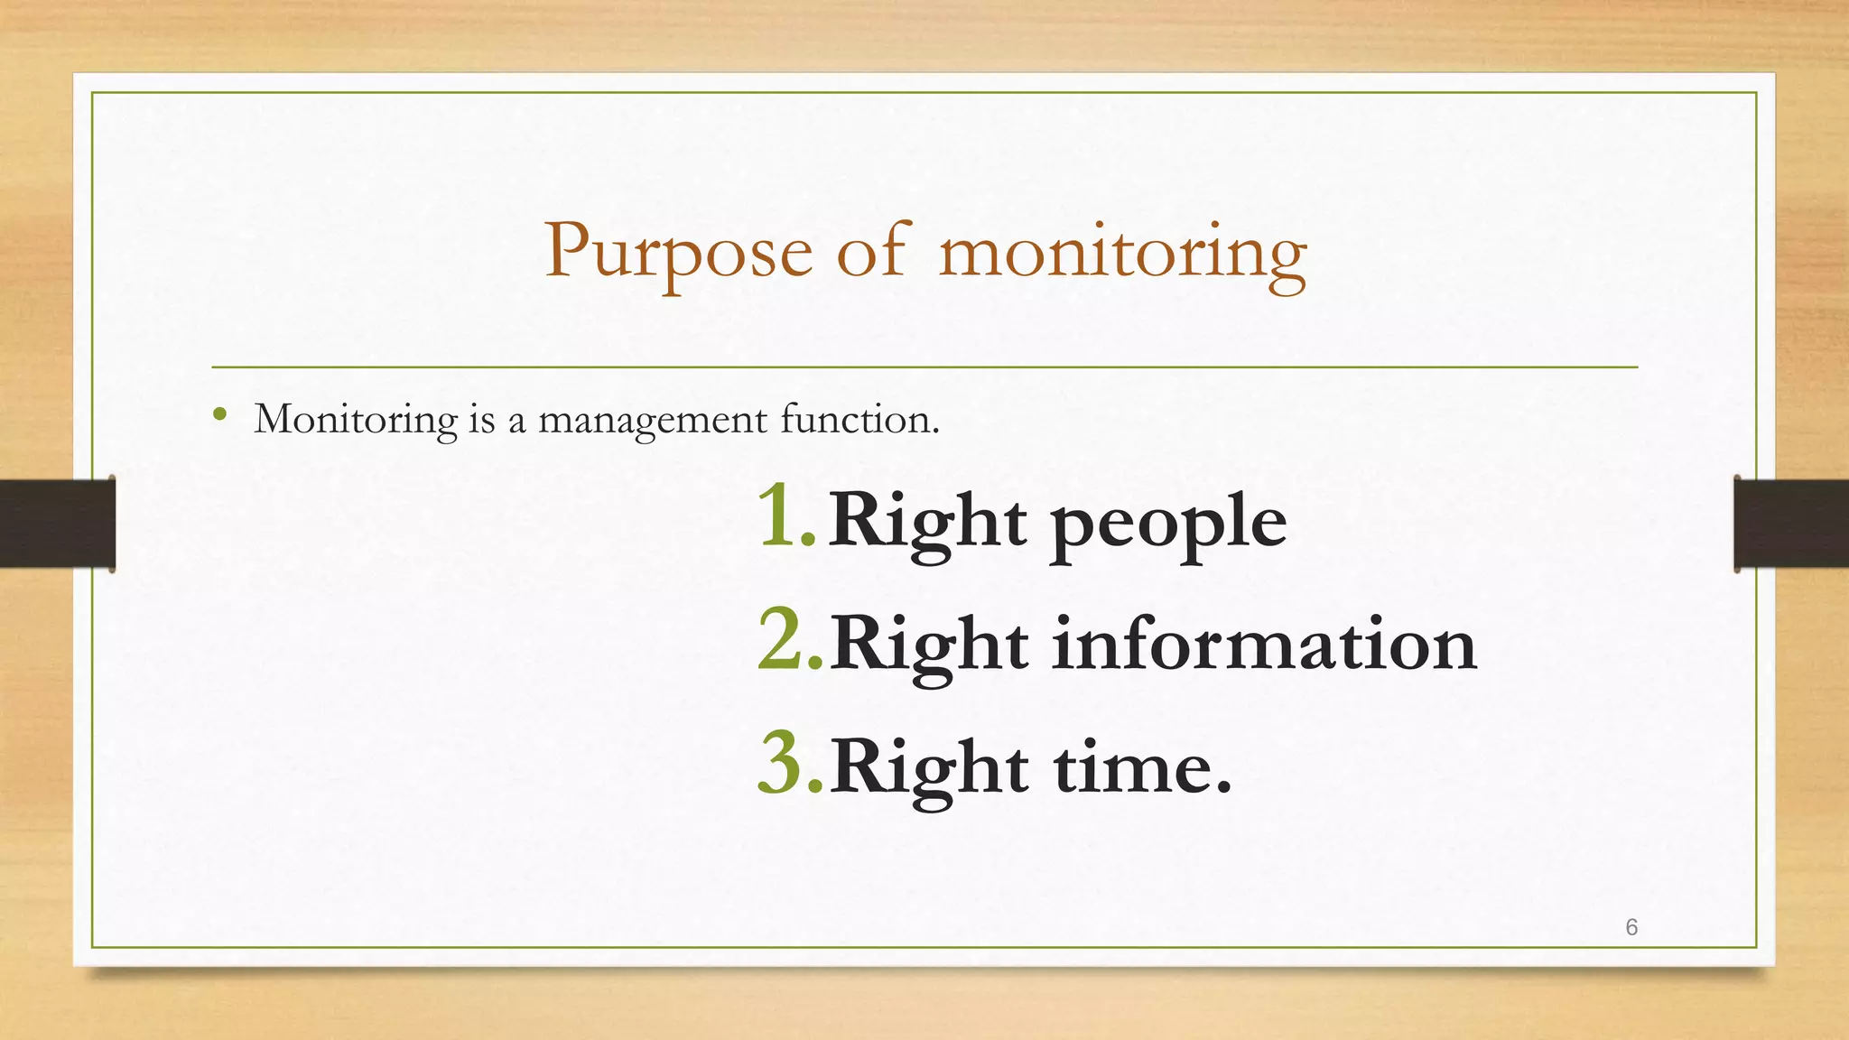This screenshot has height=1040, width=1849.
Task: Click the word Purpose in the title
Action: (678, 253)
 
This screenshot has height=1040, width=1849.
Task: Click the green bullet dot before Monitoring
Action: (219, 415)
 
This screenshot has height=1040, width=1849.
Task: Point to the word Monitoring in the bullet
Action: (356, 420)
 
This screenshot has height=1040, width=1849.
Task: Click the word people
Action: (1168, 524)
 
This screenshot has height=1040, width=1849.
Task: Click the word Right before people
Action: (927, 521)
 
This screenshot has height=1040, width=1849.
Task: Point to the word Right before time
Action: (928, 768)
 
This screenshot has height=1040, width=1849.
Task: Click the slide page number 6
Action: (1631, 927)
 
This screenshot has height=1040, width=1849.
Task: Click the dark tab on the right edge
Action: (1791, 524)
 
